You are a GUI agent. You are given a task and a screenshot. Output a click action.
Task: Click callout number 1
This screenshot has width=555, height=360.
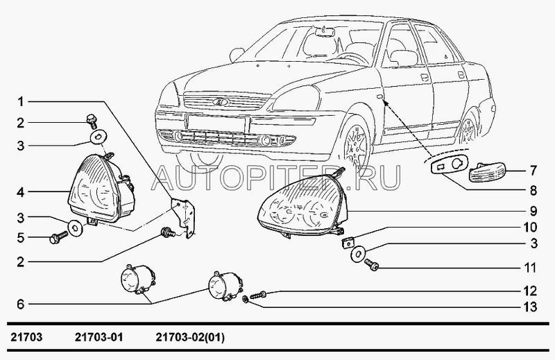click(x=21, y=102)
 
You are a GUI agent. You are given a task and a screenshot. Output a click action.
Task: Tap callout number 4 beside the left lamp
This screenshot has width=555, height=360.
click(x=21, y=193)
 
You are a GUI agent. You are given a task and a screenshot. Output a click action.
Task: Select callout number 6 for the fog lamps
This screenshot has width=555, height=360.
click(x=21, y=304)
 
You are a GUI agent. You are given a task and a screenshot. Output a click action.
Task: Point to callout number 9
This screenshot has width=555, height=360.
click(x=533, y=212)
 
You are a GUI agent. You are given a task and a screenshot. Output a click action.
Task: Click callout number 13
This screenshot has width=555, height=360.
click(x=530, y=307)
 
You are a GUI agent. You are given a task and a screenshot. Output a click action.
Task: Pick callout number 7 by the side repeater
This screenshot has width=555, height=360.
click(x=533, y=171)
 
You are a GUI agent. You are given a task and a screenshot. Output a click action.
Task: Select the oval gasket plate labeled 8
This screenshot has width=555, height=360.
click(x=449, y=165)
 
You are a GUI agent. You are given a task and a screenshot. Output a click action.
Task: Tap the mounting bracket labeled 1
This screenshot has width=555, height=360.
click(x=185, y=218)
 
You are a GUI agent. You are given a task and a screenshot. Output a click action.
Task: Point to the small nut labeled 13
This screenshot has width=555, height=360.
click(x=244, y=300)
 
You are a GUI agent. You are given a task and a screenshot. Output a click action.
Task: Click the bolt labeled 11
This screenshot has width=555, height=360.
click(x=371, y=264)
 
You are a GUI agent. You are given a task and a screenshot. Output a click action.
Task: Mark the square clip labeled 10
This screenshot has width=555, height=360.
click(x=347, y=243)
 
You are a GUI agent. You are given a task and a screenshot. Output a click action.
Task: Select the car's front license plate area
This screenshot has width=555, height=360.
click(x=218, y=123)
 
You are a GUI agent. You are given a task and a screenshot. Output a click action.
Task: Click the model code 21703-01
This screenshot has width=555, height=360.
click(x=99, y=337)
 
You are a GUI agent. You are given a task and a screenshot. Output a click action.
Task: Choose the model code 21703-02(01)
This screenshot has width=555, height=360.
click(x=190, y=337)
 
